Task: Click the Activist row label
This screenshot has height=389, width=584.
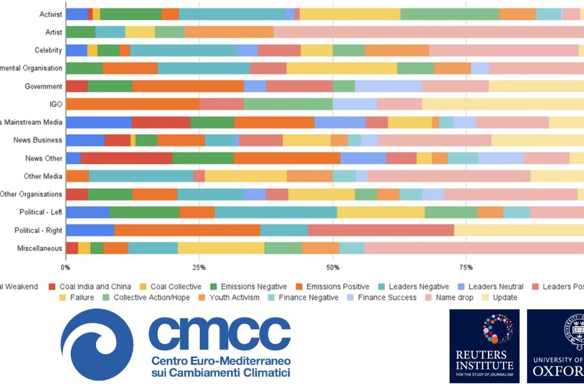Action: tap(51, 14)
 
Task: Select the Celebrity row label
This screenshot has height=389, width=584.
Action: tap(48, 51)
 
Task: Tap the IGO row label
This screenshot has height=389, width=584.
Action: tap(55, 104)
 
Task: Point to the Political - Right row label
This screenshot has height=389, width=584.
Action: tap(38, 230)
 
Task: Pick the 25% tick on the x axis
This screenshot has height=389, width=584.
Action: tap(199, 267)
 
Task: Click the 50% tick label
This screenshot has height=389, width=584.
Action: tap(332, 267)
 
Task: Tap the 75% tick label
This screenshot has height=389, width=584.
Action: tap(465, 267)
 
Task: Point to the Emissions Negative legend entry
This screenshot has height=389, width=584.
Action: tap(248, 287)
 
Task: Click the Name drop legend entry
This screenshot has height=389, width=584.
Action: tap(460, 298)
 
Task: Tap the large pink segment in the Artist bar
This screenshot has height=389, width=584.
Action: tap(428, 32)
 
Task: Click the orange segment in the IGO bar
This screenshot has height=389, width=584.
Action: tap(132, 104)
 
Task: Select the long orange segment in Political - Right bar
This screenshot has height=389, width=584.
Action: tap(187, 230)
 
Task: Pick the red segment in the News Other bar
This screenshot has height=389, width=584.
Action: tap(126, 158)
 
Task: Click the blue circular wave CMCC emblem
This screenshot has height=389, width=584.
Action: tap(97, 344)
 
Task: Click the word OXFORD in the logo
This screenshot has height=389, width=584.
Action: tap(557, 370)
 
